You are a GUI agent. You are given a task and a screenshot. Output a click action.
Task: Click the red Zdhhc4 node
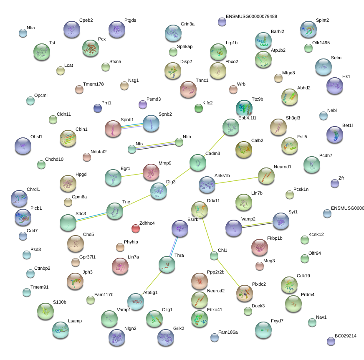pos(136,228)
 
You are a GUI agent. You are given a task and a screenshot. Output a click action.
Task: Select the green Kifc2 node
pos(198,108)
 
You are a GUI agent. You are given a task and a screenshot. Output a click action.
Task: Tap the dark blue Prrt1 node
pos(98,108)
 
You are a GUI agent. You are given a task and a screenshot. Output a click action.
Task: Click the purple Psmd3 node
pos(142,104)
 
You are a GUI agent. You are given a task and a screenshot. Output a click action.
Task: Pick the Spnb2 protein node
pos(151,123)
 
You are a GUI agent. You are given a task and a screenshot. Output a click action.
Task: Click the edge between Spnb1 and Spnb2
pos(132,126)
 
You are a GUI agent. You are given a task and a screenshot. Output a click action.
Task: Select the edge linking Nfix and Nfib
pos(156,146)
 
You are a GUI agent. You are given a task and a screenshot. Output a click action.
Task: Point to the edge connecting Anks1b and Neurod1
pos(237,180)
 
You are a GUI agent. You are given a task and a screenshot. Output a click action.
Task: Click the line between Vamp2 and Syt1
pos(257,225)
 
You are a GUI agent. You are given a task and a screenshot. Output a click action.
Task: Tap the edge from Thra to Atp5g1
pos(152,283)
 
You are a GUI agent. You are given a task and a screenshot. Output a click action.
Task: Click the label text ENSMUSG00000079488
pos(251,16)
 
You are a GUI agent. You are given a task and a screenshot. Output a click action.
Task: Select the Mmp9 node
pos(151,172)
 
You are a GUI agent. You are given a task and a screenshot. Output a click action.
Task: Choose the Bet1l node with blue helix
pos(334,135)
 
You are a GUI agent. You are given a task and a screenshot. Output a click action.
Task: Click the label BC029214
pos(346,336)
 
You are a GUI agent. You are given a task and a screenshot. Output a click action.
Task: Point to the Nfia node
pos(23,33)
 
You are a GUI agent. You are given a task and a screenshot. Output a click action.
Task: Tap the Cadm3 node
pos(197,162)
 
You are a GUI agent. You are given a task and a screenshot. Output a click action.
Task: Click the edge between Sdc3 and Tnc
pos(91,217)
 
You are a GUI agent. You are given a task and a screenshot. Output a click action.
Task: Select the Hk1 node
pos(334,86)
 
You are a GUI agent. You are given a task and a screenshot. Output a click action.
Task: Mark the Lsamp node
pos(61,330)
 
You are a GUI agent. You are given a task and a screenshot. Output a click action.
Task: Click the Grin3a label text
pos(187,24)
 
